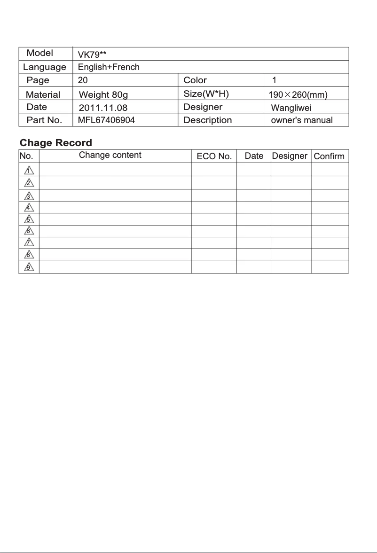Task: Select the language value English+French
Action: (x=109, y=67)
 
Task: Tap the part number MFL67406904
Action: (x=106, y=120)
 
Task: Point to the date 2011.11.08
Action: (x=103, y=108)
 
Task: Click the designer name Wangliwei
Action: (x=291, y=108)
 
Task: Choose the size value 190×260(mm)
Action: (x=298, y=95)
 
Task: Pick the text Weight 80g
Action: (x=103, y=95)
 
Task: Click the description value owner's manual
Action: (x=302, y=120)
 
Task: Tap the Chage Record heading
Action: (x=56, y=143)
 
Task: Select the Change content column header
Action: (x=110, y=155)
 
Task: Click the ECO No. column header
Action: (x=214, y=156)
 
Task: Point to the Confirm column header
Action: (x=329, y=156)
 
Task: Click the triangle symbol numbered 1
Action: (x=29, y=170)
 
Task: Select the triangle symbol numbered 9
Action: (x=29, y=267)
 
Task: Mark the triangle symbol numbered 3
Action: (x=29, y=195)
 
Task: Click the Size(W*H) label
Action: (x=206, y=94)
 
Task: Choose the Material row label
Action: (x=43, y=95)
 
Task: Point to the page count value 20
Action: (x=83, y=80)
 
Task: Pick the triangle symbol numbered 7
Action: (x=29, y=243)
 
